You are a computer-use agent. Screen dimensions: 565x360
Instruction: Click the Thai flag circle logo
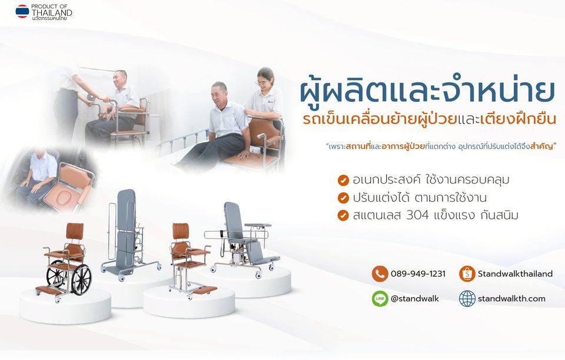pos(22,11)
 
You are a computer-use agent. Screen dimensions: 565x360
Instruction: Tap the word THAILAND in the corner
pos(52,12)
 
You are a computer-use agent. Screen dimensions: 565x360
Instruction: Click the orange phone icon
pos(380,274)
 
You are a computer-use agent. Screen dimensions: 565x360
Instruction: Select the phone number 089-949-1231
pos(418,274)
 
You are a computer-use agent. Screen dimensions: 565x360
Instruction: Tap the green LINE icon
pos(380,298)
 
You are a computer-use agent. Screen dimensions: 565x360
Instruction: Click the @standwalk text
pos(415,298)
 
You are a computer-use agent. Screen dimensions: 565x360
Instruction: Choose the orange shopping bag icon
pos(467,274)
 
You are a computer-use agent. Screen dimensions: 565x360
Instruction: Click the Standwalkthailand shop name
pos(516,274)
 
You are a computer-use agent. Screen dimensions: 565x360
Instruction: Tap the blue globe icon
pos(467,298)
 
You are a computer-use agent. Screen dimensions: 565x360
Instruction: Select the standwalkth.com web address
pos(511,299)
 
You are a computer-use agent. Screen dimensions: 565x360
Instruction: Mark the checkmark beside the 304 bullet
pos(343,215)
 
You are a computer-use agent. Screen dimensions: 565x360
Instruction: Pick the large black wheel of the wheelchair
pos(81,280)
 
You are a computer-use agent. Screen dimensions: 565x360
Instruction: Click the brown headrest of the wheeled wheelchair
pos(75,231)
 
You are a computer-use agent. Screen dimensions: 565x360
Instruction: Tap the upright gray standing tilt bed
pos(126,234)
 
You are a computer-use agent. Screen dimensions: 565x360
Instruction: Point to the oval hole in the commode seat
pos(64,197)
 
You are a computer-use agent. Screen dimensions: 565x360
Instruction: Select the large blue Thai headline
pos(427,91)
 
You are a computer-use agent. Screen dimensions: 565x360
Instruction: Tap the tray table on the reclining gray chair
pos(257,225)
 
